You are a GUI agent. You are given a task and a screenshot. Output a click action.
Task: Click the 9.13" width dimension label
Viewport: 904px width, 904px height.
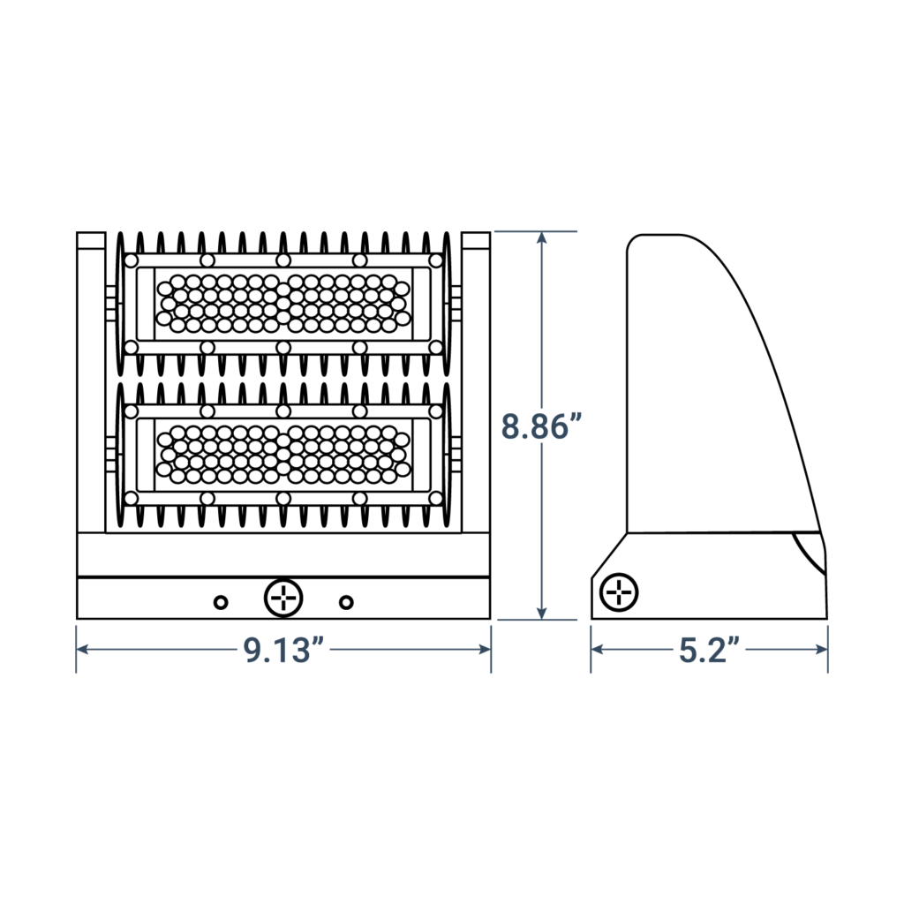point(282,650)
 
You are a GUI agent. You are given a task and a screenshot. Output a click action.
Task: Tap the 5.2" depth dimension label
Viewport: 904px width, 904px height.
point(709,650)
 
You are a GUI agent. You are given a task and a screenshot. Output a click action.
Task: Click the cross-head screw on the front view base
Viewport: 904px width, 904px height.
point(283,599)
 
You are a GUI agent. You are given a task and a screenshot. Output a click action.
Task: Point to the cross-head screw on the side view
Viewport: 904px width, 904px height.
point(620,591)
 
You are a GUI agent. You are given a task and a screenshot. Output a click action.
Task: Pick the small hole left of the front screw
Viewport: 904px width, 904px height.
point(221,602)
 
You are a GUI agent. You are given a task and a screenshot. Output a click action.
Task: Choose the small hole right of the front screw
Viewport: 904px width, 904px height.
point(346,602)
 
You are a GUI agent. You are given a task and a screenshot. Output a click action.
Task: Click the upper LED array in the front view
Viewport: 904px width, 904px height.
point(282,303)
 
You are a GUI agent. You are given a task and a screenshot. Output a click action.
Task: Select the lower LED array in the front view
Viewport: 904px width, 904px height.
point(282,454)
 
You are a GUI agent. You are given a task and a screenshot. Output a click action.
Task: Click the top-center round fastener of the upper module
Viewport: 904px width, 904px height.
point(282,260)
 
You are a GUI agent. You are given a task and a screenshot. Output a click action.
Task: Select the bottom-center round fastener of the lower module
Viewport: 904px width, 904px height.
point(282,500)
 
